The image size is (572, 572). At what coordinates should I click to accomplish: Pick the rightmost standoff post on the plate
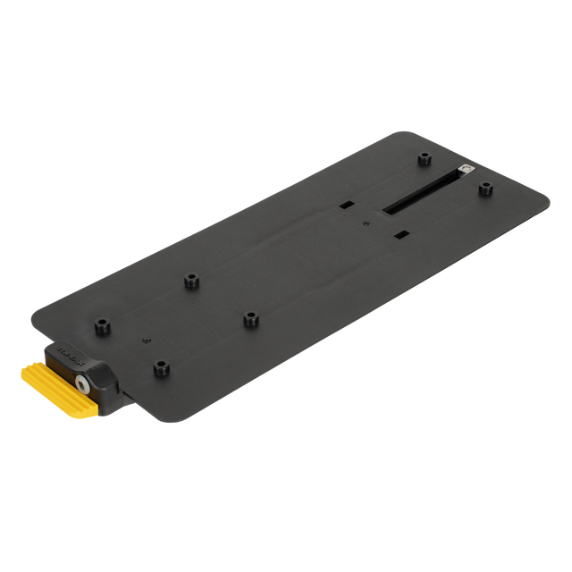tap(485, 187)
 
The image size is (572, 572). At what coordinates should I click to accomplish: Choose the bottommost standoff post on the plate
tap(161, 366)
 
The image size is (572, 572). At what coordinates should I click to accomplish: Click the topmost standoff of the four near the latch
tap(190, 282)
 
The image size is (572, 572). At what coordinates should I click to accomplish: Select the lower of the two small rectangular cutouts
tap(401, 233)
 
